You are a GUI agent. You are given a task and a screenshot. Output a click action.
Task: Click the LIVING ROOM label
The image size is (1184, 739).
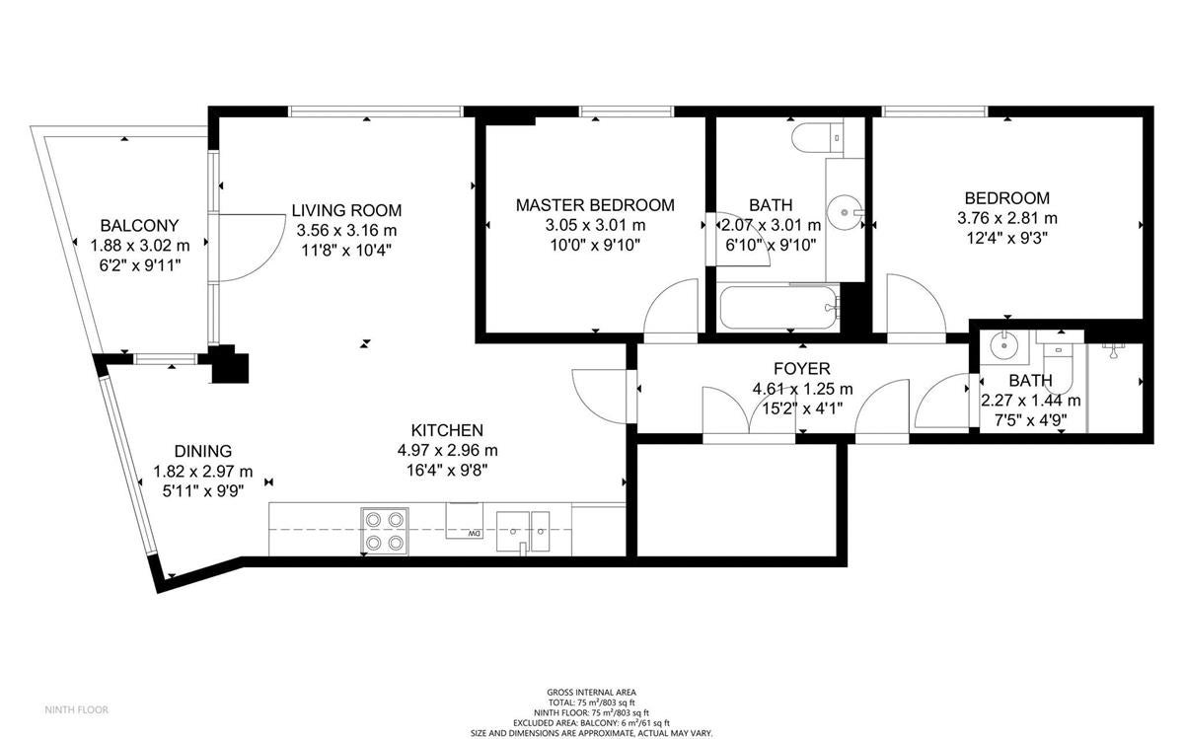coord(346,210)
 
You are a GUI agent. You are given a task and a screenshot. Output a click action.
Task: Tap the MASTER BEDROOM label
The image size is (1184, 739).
coord(595,205)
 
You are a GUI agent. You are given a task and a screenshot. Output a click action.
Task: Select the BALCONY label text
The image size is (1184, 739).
coord(139,226)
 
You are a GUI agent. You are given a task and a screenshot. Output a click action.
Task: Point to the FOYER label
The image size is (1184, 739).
coord(802,368)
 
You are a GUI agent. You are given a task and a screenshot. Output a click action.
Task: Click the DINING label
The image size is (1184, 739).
coord(203,451)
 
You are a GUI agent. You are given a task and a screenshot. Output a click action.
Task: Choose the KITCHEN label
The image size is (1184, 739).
coord(447,430)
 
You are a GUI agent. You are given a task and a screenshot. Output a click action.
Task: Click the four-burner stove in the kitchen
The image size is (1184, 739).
coord(385,531)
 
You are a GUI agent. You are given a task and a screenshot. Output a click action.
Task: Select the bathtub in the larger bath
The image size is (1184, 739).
coord(779,308)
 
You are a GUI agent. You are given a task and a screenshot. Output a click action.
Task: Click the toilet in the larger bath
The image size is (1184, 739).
coord(817,137)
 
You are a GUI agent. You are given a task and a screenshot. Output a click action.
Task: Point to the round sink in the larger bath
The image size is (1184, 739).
coord(845,212)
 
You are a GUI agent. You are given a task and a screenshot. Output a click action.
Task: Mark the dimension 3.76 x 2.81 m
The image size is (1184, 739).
coord(1007,218)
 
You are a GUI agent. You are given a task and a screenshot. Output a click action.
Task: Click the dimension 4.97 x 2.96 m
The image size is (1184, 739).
coord(447,450)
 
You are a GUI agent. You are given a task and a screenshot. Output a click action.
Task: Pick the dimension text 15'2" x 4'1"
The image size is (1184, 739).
coord(802,408)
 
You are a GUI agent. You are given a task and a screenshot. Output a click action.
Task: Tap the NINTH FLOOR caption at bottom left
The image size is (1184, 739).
coord(77,709)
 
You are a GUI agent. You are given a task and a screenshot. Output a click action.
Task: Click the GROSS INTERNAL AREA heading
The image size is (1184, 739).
coord(591,693)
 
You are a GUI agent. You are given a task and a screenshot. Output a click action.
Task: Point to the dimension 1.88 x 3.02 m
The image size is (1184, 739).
coord(139,246)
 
